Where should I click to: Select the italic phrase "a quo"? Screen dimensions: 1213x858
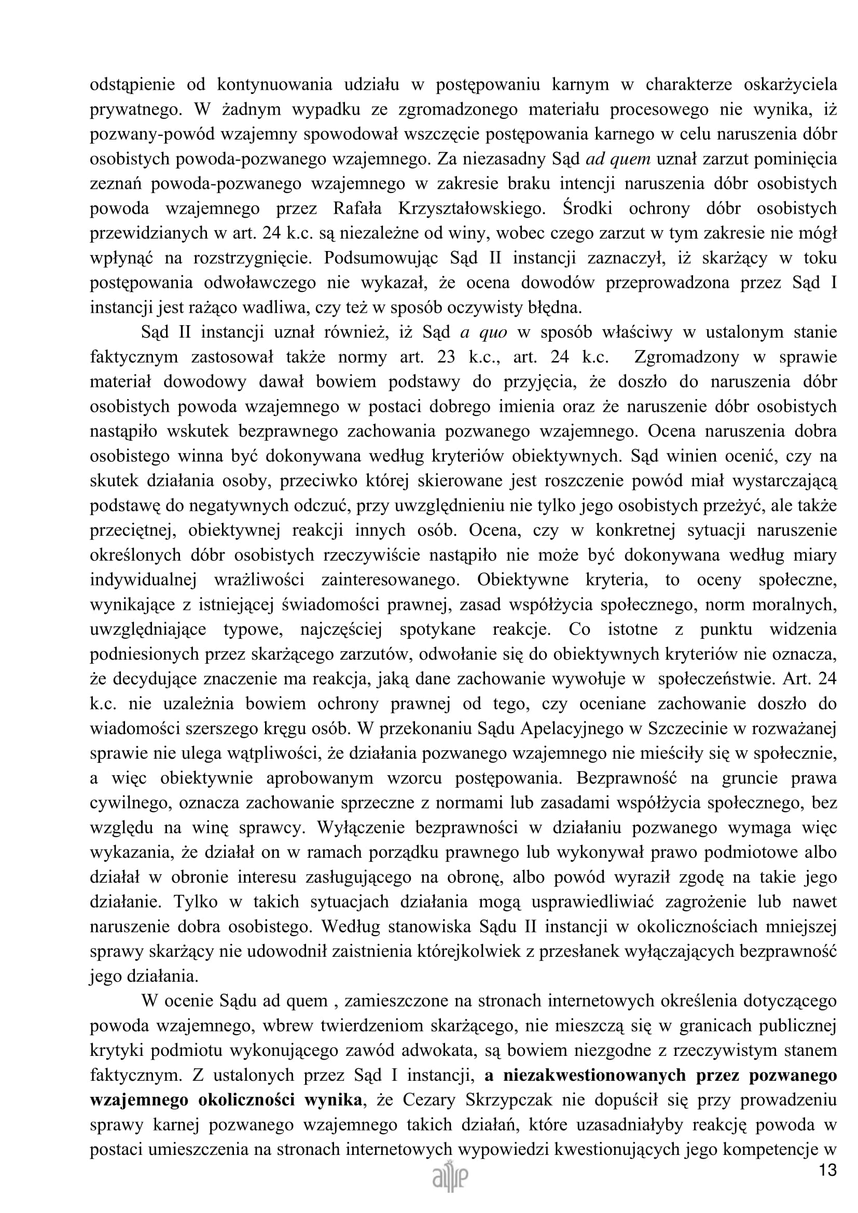(x=483, y=332)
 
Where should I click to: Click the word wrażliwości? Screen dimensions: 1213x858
(x=259, y=580)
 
